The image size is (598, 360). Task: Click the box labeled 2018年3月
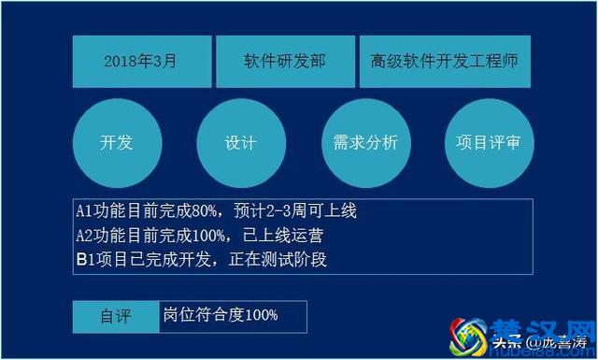pyautogui.click(x=141, y=62)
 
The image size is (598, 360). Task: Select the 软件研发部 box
pyautogui.click(x=284, y=62)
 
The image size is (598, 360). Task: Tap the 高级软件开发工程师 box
pyautogui.click(x=444, y=62)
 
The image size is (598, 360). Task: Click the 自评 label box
pyautogui.click(x=116, y=316)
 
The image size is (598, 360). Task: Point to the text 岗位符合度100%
pyautogui.click(x=220, y=315)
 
